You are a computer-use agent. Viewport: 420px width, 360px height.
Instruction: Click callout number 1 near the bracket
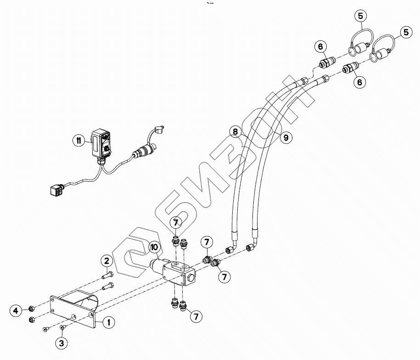109,322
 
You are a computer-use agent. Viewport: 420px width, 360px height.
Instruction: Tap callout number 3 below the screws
62,343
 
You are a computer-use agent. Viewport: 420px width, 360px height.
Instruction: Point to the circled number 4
17,310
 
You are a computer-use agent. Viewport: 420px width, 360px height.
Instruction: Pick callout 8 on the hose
235,132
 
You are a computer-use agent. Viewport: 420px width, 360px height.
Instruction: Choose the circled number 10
155,248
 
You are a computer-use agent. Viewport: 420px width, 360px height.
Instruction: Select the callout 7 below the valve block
196,316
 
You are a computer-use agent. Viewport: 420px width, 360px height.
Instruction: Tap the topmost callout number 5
360,16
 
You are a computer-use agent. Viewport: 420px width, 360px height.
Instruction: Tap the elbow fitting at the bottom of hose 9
252,247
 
